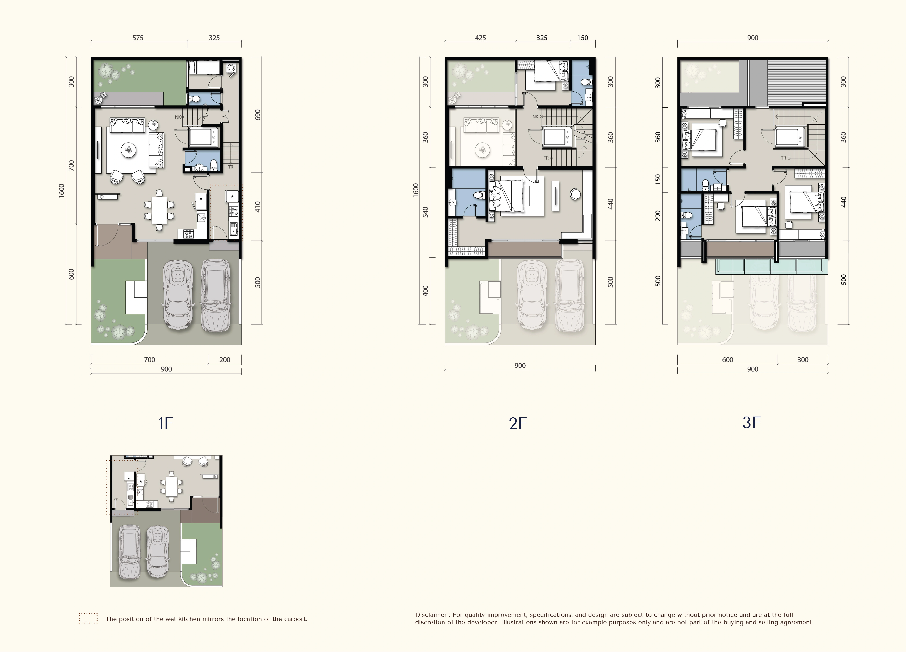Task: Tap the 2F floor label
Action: click(x=518, y=423)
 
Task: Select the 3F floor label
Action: click(x=751, y=422)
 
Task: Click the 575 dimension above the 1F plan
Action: click(x=138, y=38)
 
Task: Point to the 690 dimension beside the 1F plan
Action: click(x=258, y=115)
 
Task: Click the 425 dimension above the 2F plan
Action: click(x=480, y=38)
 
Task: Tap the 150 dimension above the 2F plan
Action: click(x=582, y=38)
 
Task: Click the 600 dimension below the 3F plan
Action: click(x=727, y=360)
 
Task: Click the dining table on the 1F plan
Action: click(x=159, y=210)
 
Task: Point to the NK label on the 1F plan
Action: click(x=178, y=117)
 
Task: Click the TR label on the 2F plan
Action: click(x=546, y=158)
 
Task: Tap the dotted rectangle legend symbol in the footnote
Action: click(x=88, y=618)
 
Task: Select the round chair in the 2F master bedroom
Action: click(x=575, y=194)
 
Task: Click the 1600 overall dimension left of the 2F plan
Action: click(x=416, y=190)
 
